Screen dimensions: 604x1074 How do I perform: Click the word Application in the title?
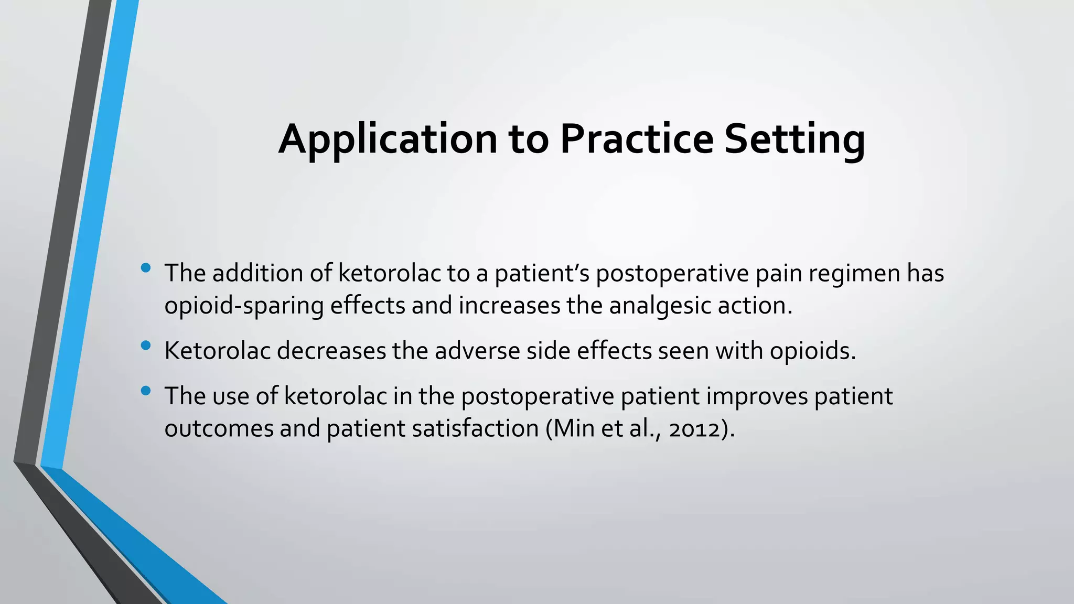click(387, 139)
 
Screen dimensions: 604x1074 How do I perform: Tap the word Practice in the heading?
click(637, 139)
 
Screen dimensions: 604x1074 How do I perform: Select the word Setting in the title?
click(794, 139)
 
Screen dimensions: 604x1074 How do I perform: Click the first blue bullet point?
click(146, 268)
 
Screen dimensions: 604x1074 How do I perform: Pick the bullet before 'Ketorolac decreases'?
click(146, 346)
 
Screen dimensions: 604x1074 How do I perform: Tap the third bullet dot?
click(146, 391)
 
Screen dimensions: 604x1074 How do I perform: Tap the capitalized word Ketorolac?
click(217, 351)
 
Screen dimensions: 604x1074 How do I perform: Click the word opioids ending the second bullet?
click(812, 351)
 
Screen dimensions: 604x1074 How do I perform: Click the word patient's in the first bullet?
click(542, 273)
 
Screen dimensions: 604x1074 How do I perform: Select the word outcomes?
click(219, 429)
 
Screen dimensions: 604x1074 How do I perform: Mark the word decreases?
click(331, 351)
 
